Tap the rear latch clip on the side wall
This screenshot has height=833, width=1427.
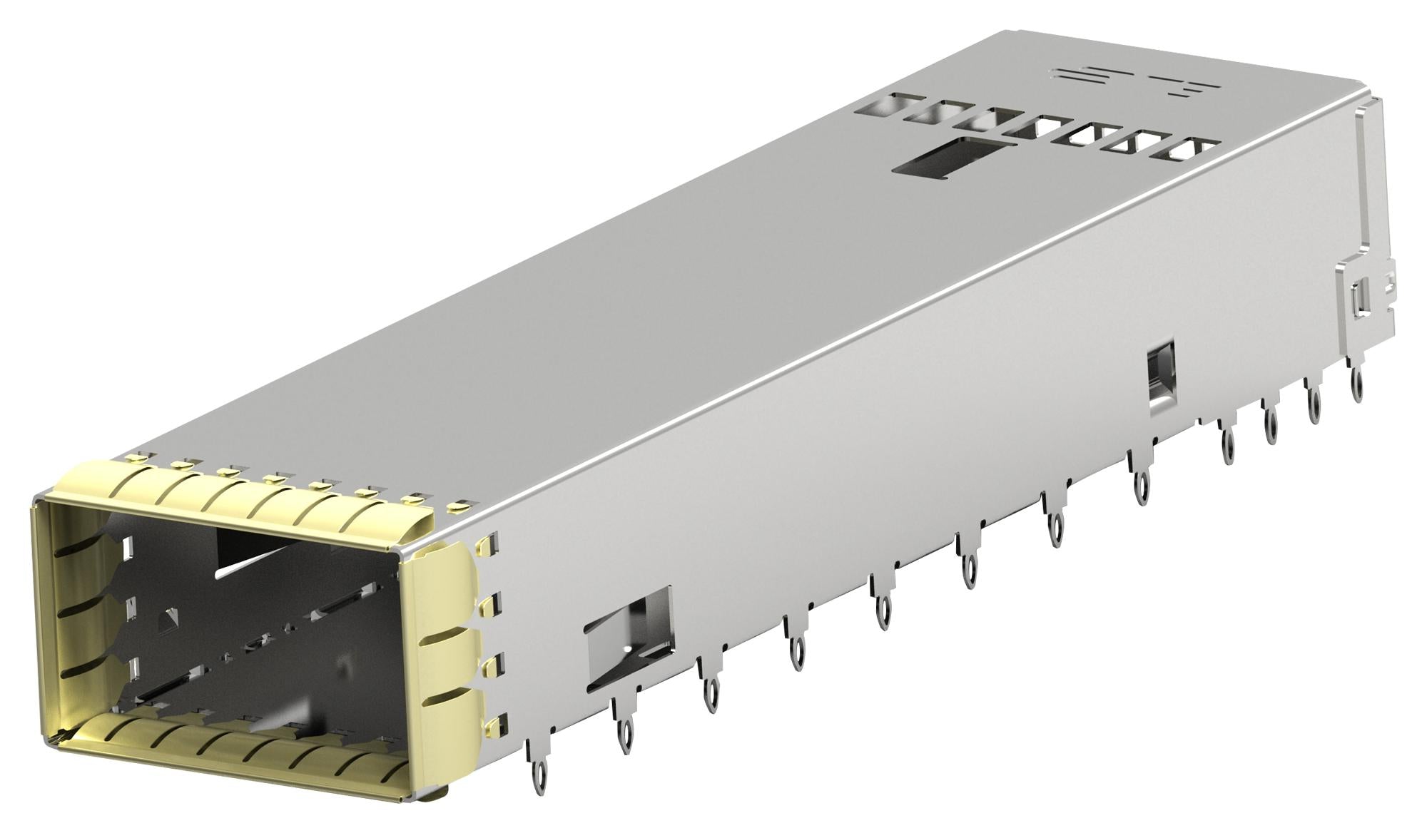click(1351, 292)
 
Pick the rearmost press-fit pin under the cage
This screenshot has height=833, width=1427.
click(1354, 378)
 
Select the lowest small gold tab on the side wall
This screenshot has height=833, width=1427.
click(500, 724)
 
